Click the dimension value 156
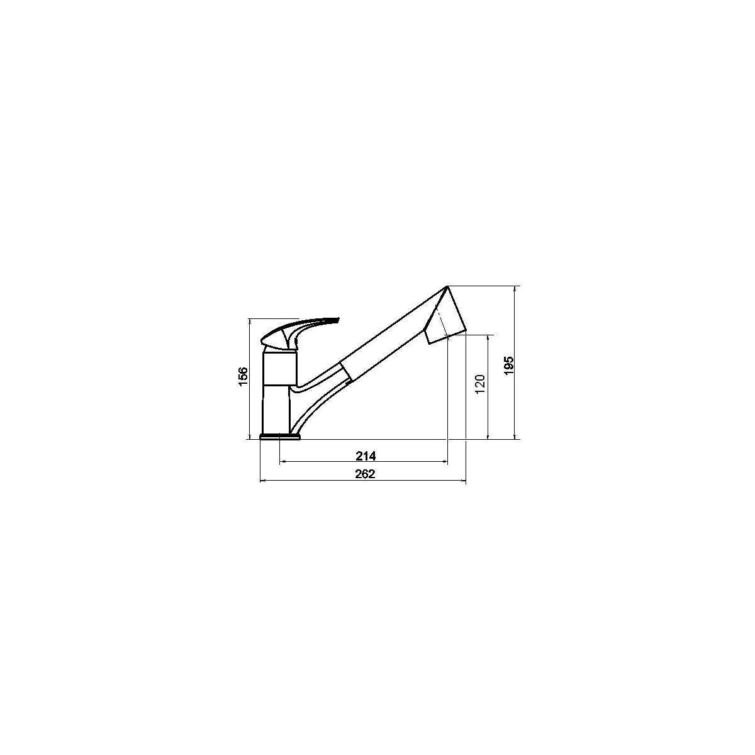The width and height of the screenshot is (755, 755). [x=243, y=376]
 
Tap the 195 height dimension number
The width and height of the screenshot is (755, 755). [x=509, y=365]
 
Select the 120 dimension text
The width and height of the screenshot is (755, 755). [x=480, y=384]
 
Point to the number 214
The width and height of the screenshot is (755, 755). [x=366, y=456]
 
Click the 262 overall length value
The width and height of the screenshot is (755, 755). [x=365, y=474]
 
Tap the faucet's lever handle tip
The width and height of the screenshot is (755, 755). [x=338, y=320]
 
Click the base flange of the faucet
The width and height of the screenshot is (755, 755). [x=280, y=437]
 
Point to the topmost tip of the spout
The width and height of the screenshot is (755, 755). [x=447, y=287]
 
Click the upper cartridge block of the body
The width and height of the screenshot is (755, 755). [x=280, y=368]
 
